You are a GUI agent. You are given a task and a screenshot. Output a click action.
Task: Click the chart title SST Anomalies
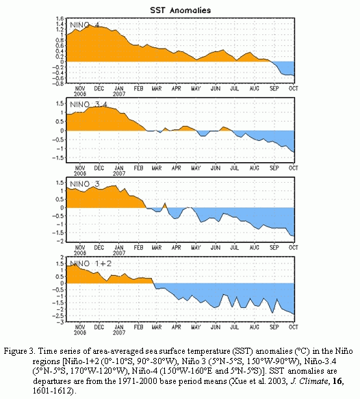(181, 10)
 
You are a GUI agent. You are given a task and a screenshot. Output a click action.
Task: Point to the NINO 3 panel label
(84, 183)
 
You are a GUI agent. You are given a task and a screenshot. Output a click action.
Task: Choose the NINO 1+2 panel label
(90, 263)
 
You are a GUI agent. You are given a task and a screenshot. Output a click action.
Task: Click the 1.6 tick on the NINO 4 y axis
(60, 18)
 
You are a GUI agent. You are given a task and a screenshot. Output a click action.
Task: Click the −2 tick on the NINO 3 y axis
(60, 241)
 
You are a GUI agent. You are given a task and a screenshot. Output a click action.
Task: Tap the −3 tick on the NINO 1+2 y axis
(60, 322)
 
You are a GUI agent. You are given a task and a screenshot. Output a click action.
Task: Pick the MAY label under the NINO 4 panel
(196, 88)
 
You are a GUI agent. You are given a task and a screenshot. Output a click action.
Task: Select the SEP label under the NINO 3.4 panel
(274, 168)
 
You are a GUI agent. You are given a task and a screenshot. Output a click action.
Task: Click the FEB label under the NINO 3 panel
(138, 247)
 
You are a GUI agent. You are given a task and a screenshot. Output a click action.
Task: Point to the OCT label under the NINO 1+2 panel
(294, 327)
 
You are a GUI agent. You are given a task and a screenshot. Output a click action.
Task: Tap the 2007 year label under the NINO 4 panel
(119, 94)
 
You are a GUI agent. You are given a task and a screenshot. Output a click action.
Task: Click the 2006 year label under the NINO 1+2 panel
(80, 333)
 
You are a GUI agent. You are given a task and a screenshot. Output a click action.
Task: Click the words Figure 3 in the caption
(18, 351)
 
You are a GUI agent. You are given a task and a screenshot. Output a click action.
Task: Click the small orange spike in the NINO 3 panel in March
(165, 205)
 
